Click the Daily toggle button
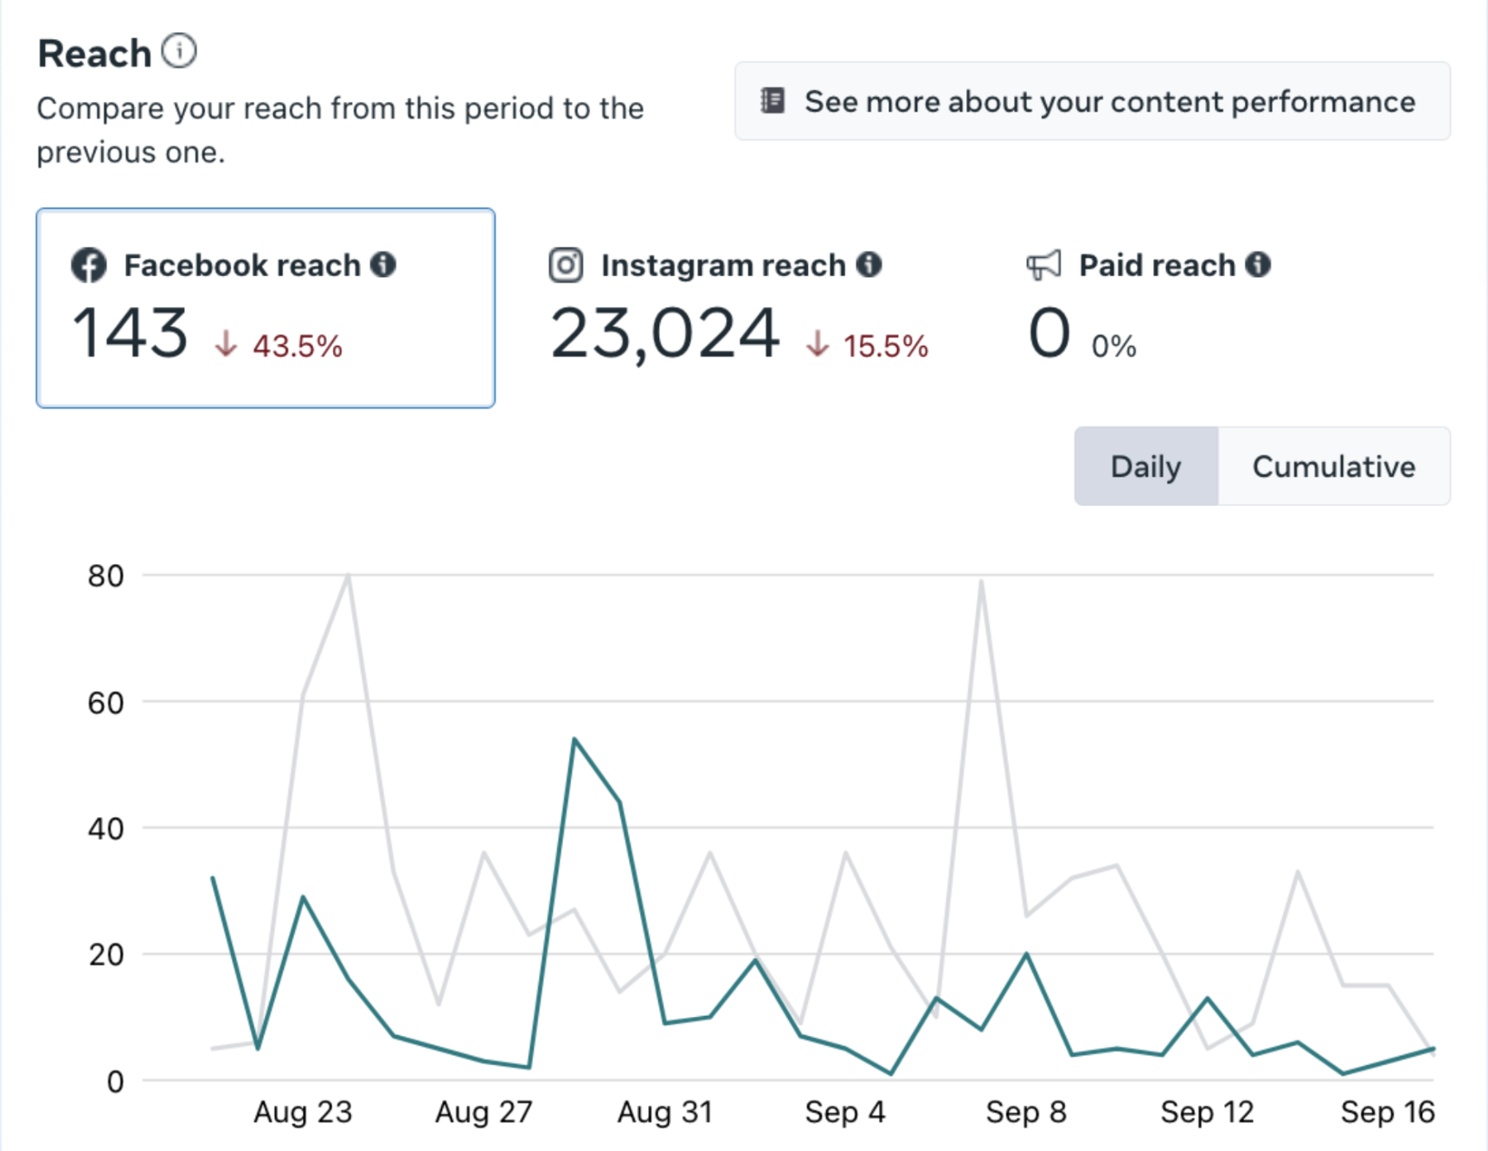[x=1145, y=466]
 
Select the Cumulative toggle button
[x=1333, y=466]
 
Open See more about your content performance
[x=1092, y=101]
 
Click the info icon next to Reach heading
[x=179, y=51]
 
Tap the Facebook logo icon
[x=89, y=265]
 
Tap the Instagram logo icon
[x=566, y=265]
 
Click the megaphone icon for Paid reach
[x=1043, y=265]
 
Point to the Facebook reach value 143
[x=130, y=333]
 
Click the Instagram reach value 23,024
[x=664, y=333]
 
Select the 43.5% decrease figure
[x=297, y=346]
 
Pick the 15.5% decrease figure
[x=885, y=346]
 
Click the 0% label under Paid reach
[x=1113, y=346]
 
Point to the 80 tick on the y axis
[x=106, y=575]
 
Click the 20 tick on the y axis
[x=106, y=955]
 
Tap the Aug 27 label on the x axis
[x=484, y=1111]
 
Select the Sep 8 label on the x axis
[x=1025, y=1111]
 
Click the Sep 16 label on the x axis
[x=1387, y=1111]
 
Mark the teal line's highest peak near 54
[x=574, y=740]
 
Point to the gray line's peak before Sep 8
[x=981, y=582]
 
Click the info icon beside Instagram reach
[x=869, y=265]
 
